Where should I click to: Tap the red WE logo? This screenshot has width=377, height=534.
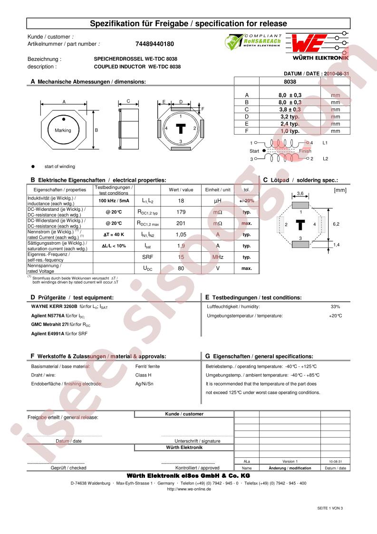309,43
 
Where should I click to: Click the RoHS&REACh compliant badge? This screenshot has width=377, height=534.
253,42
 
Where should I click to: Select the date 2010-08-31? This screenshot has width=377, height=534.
336,74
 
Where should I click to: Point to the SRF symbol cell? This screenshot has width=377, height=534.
147,257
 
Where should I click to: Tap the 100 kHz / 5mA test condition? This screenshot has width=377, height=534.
114,201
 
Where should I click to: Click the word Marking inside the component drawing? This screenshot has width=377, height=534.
63,130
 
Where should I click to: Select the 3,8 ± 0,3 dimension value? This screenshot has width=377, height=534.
290,109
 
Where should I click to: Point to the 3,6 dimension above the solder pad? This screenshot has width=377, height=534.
300,193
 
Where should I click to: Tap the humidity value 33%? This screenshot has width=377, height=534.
335,307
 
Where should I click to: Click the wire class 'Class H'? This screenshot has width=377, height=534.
144,375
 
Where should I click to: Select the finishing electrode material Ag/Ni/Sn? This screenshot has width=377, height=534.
145,384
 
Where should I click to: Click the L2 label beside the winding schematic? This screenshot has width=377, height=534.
326,159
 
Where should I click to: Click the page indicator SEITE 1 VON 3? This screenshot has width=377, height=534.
330,508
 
